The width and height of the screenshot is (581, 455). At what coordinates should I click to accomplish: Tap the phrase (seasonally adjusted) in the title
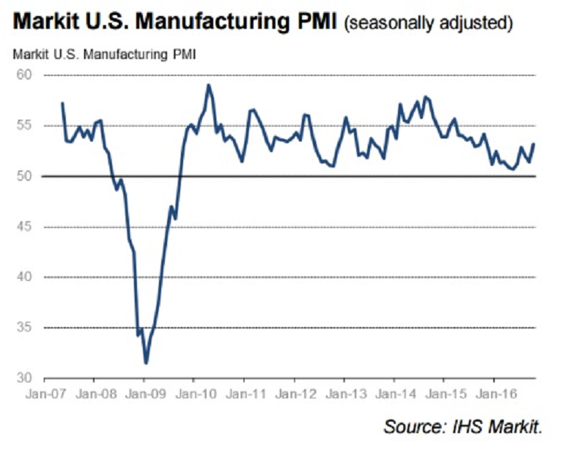tap(427, 25)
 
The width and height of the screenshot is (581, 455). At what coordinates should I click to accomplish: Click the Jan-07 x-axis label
tap(45, 394)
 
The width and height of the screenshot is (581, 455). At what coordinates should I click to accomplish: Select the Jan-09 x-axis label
tap(144, 394)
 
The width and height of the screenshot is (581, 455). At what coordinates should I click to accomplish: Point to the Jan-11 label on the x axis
tap(244, 394)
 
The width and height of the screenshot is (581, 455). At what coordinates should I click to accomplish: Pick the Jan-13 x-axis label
tap(343, 394)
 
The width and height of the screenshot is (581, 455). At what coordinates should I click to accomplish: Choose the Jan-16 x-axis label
tap(493, 394)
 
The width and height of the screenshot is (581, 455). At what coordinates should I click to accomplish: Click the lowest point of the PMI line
tap(146, 363)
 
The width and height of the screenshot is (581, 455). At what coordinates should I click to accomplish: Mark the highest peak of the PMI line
tap(209, 85)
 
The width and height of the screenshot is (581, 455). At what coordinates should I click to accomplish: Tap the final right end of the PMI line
tap(535, 144)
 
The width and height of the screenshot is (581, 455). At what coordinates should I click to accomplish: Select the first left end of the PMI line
tap(62, 103)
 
